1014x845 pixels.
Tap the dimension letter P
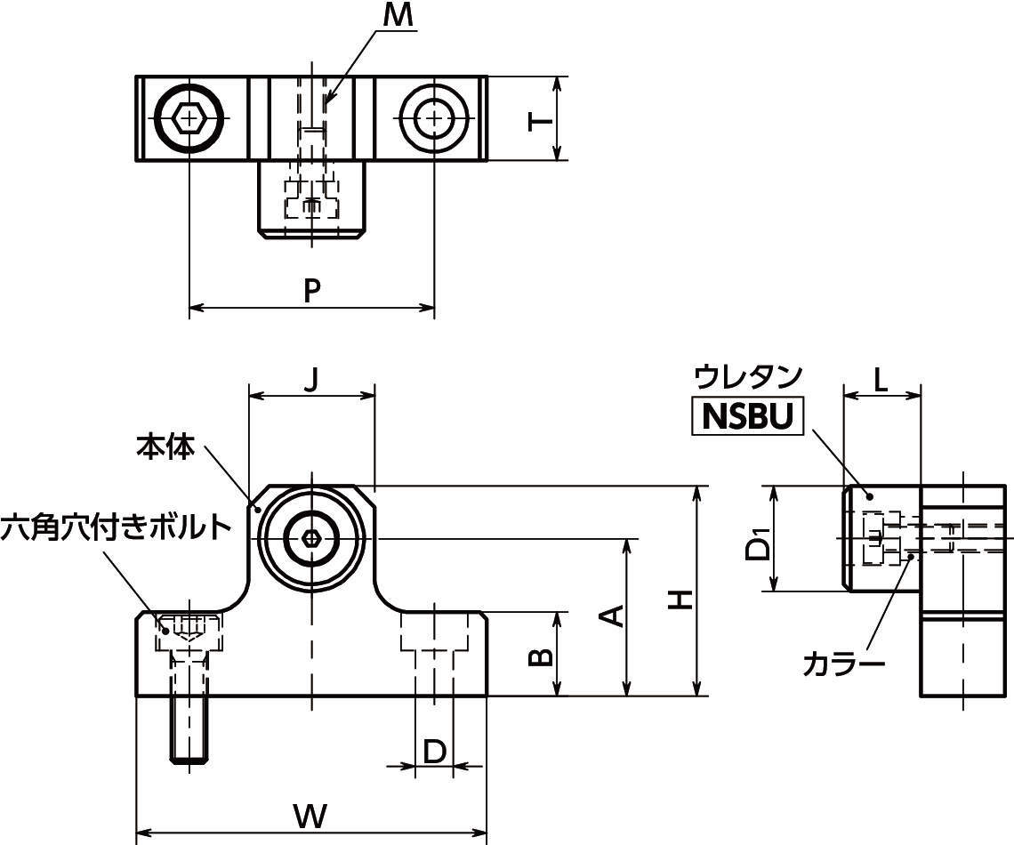pyautogui.click(x=310, y=290)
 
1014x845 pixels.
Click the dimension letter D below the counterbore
pyautogui.click(x=434, y=752)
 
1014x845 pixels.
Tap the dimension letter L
pyautogui.click(x=880, y=380)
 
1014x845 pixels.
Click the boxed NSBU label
pyautogui.click(x=747, y=416)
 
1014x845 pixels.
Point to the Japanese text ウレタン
pyautogui.click(x=748, y=376)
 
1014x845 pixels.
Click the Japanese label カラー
pyautogui.click(x=843, y=664)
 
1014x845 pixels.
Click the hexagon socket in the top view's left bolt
pyautogui.click(x=189, y=117)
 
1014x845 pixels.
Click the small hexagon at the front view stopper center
pyautogui.click(x=311, y=538)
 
